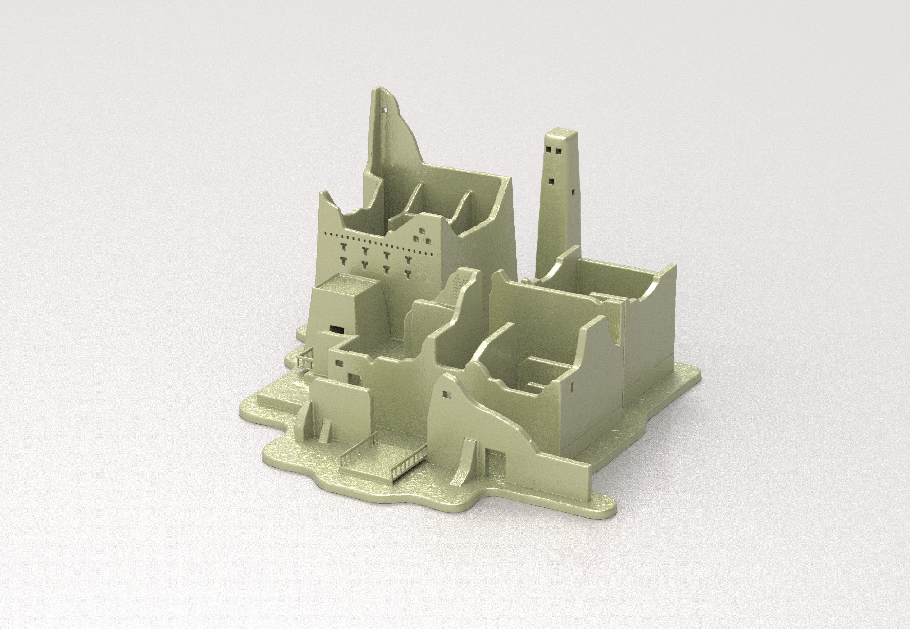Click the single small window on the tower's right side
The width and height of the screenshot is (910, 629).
573,193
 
